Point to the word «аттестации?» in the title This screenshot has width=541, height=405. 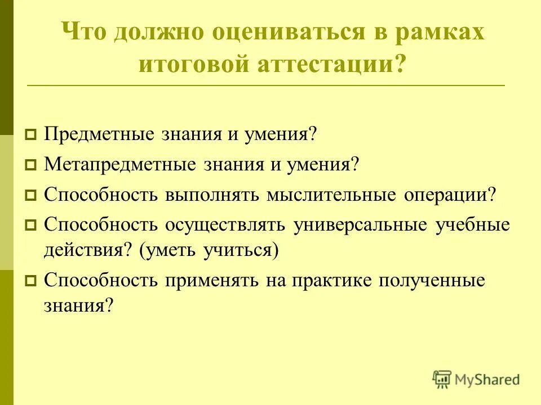point(329,64)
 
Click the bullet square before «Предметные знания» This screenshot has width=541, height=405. point(31,136)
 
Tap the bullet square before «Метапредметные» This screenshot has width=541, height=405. point(31,166)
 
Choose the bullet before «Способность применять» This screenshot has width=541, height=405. point(31,281)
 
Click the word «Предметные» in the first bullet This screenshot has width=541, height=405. point(101,134)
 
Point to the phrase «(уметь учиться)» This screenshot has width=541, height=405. point(210,249)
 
